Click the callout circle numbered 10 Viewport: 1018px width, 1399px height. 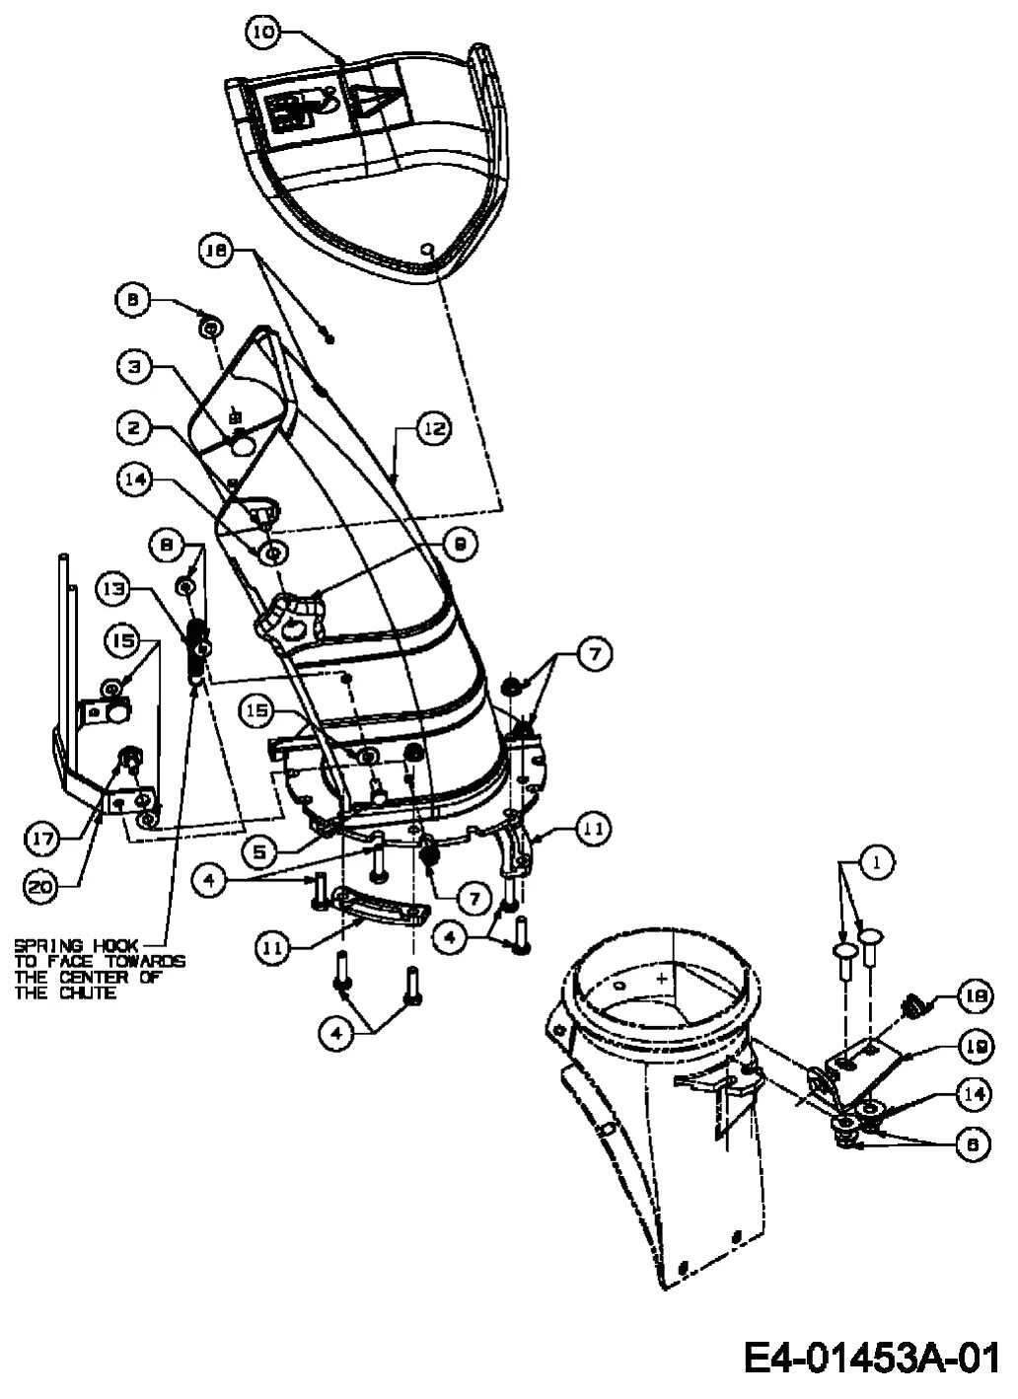pos(261,33)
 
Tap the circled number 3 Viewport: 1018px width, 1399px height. pos(134,367)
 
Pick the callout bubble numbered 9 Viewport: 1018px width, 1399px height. pos(460,542)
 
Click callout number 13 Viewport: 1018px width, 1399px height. pos(112,589)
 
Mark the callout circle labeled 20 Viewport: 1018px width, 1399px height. pos(39,887)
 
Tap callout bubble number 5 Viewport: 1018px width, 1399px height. pos(257,847)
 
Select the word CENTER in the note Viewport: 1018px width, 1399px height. pos(111,978)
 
